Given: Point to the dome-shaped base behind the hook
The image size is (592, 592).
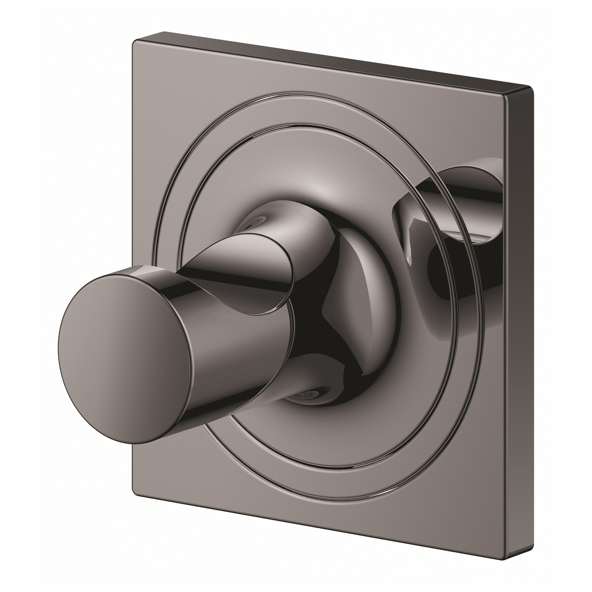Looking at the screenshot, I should pyautogui.click(x=365, y=296).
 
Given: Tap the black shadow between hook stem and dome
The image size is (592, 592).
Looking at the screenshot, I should pyautogui.click(x=324, y=333).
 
